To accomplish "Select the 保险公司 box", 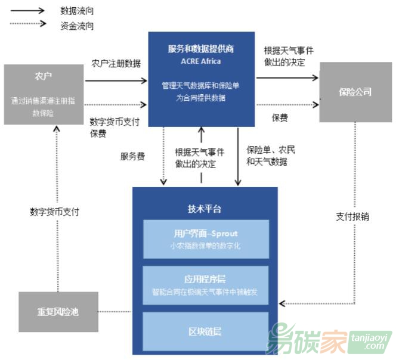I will [x=355, y=92].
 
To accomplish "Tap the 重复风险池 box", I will [x=58, y=312].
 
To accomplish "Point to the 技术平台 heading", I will [x=205, y=209].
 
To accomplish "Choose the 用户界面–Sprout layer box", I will [x=205, y=238].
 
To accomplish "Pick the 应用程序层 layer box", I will [x=205, y=285].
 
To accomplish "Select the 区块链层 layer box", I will [x=205, y=331].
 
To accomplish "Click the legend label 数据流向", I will [x=77, y=11].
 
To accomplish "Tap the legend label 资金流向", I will [x=77, y=26].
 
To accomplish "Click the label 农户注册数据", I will [x=116, y=63].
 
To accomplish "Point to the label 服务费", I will [x=132, y=156].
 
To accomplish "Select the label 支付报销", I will [x=352, y=216].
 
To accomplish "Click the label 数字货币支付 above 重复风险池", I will [x=54, y=212].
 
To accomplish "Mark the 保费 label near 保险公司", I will [x=280, y=117].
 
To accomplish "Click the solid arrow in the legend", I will [x=27, y=11].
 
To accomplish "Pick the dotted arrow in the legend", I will [x=27, y=24].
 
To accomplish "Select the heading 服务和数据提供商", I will [x=201, y=49].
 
